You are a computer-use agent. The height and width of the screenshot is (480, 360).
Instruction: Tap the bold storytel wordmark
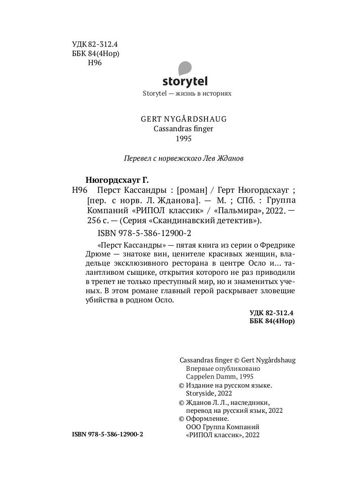(185, 82)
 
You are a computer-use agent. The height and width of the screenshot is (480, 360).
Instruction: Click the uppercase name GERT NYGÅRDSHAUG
(184, 119)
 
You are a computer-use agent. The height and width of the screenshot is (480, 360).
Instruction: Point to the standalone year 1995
(184, 138)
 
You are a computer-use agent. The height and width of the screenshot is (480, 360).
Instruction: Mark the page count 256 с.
(96, 220)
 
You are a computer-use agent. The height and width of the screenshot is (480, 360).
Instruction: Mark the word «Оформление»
(208, 418)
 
